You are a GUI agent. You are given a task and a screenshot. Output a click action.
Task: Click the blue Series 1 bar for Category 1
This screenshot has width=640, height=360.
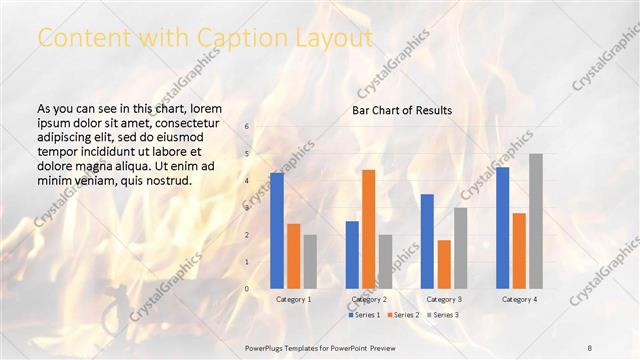[x=277, y=230]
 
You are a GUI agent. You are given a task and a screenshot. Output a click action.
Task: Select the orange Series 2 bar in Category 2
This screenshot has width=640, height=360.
[x=368, y=229]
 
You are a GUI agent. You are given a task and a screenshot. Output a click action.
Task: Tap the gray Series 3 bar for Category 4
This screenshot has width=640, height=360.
[x=536, y=221]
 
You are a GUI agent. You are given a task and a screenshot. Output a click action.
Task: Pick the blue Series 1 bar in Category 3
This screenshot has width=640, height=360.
[x=427, y=241]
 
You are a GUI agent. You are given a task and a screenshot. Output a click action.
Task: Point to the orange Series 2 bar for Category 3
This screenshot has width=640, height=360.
[x=444, y=264]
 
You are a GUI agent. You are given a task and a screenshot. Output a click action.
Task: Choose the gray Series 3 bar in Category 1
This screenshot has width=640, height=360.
[x=310, y=261]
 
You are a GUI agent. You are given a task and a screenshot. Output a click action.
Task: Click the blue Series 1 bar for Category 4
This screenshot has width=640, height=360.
[x=502, y=227]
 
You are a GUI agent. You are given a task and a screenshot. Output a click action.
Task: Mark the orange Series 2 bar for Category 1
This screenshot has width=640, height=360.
[x=293, y=256]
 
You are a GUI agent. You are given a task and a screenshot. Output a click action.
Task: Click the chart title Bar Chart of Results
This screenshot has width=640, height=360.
[x=402, y=110]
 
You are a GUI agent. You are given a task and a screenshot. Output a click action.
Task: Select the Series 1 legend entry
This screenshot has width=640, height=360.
[x=364, y=315]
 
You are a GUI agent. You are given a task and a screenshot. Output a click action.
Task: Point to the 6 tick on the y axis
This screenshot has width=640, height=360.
[x=247, y=126]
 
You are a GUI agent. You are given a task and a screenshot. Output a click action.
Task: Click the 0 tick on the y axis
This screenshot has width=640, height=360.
[x=247, y=288]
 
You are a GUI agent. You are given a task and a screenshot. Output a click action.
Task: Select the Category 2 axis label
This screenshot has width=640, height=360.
[x=369, y=299]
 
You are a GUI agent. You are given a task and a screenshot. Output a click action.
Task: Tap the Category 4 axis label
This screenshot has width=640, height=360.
[x=519, y=299]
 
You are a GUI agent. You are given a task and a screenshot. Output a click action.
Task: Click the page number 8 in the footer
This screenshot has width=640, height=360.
[x=590, y=346]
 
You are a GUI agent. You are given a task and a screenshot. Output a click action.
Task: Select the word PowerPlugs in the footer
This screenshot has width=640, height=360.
[x=266, y=346]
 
